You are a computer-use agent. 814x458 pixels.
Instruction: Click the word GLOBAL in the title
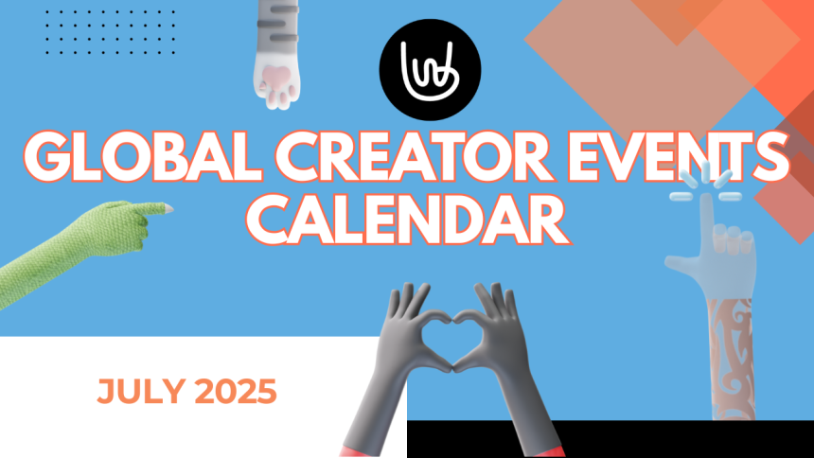coord(142,157)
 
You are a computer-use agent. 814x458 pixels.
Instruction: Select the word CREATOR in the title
coord(414,157)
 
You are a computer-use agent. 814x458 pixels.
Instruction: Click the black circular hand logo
coord(430,70)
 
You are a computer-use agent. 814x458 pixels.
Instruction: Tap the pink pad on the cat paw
coord(276,79)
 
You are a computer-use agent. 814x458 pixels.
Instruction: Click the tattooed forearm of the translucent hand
coord(732,359)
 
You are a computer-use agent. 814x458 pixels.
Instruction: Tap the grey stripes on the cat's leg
coord(283,22)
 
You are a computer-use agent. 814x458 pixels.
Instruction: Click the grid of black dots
coord(110,31)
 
